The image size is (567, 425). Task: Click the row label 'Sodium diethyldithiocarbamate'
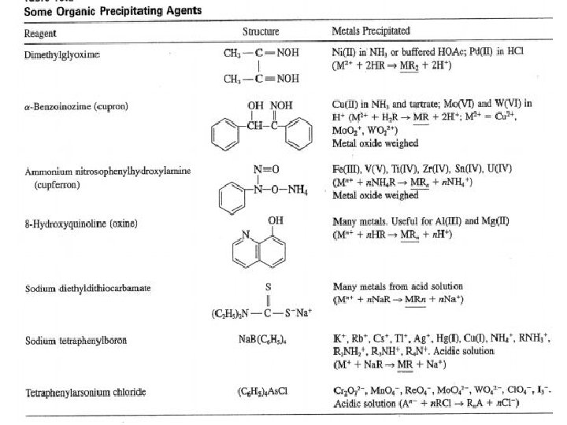(87, 288)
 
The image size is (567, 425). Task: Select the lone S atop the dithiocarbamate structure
(269, 286)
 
